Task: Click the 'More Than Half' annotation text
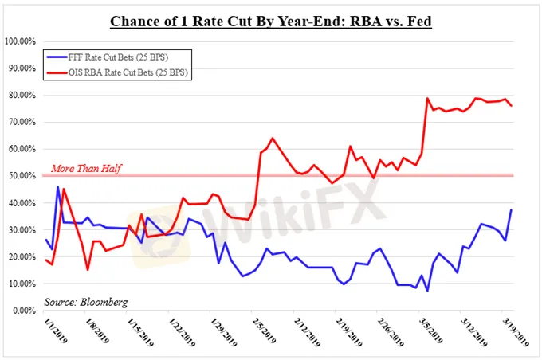point(86,168)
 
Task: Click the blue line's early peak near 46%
point(57,186)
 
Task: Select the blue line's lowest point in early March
point(427,291)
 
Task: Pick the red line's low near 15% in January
point(88,269)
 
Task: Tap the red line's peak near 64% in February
point(273,138)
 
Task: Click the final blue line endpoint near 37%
point(511,209)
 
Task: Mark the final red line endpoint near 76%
point(511,105)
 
